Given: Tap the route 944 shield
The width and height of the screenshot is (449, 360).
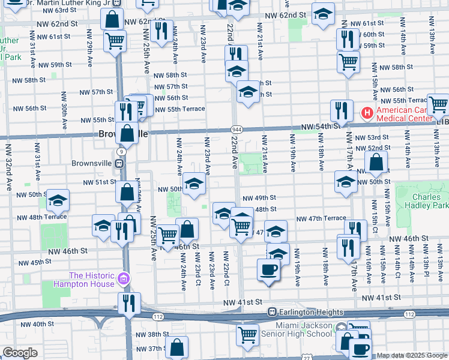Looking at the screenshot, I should coord(236,130).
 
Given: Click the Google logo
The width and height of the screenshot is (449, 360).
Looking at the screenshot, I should coord(20,353).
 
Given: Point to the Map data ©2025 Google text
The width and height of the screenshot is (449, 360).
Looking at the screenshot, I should coord(412,356).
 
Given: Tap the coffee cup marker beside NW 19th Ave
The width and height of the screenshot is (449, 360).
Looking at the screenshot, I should coord(268,269).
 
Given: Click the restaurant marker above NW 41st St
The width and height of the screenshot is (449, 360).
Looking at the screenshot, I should coord(128,304).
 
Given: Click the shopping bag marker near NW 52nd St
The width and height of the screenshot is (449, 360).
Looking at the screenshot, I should coord(376,161).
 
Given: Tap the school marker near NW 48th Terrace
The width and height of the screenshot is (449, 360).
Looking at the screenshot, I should coord(58,200).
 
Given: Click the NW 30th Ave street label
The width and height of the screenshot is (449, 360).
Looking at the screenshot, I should coord(63,112).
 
